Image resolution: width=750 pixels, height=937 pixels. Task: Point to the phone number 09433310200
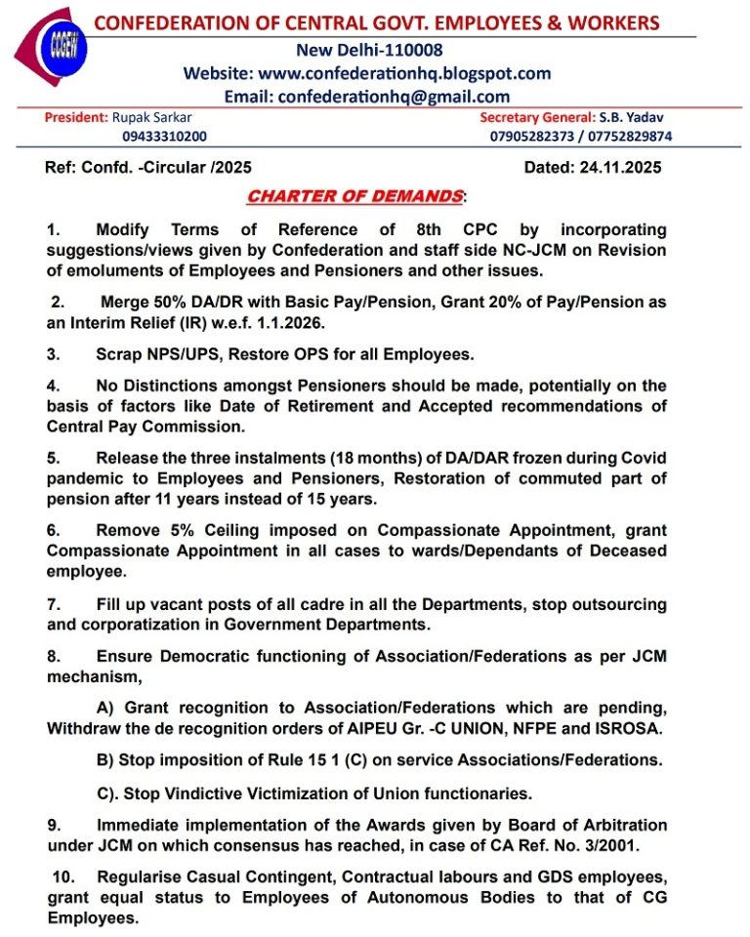pyautogui.click(x=164, y=137)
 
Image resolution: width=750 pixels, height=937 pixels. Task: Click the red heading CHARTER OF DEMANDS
pyautogui.click(x=354, y=197)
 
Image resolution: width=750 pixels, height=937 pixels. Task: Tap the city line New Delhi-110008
pyautogui.click(x=367, y=50)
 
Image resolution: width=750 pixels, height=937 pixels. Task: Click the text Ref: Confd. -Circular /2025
pyautogui.click(x=148, y=168)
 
